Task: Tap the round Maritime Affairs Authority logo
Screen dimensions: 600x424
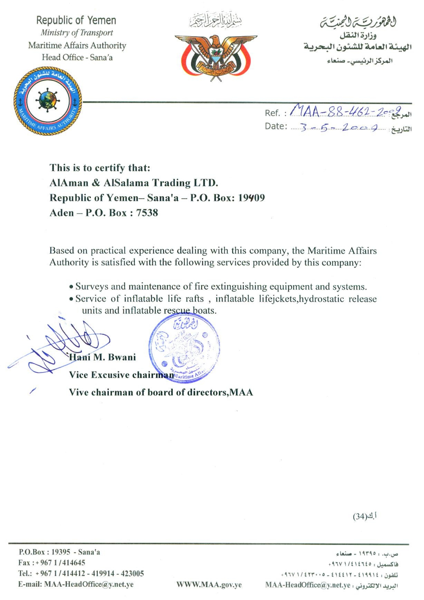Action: [48, 101]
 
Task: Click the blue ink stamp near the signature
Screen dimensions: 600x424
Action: [184, 348]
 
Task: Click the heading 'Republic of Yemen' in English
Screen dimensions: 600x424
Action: [76, 20]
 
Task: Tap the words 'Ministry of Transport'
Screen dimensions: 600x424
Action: [77, 33]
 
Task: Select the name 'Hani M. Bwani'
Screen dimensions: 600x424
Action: [103, 357]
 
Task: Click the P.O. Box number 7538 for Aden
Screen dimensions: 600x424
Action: [147, 213]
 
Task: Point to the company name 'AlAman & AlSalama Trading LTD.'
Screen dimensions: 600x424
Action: [134, 183]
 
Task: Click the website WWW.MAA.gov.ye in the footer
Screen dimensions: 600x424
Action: [209, 584]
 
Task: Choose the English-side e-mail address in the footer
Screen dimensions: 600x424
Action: [89, 584]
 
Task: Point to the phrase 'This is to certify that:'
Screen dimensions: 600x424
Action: [100, 168]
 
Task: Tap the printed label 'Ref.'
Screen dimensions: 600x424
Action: [272, 113]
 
